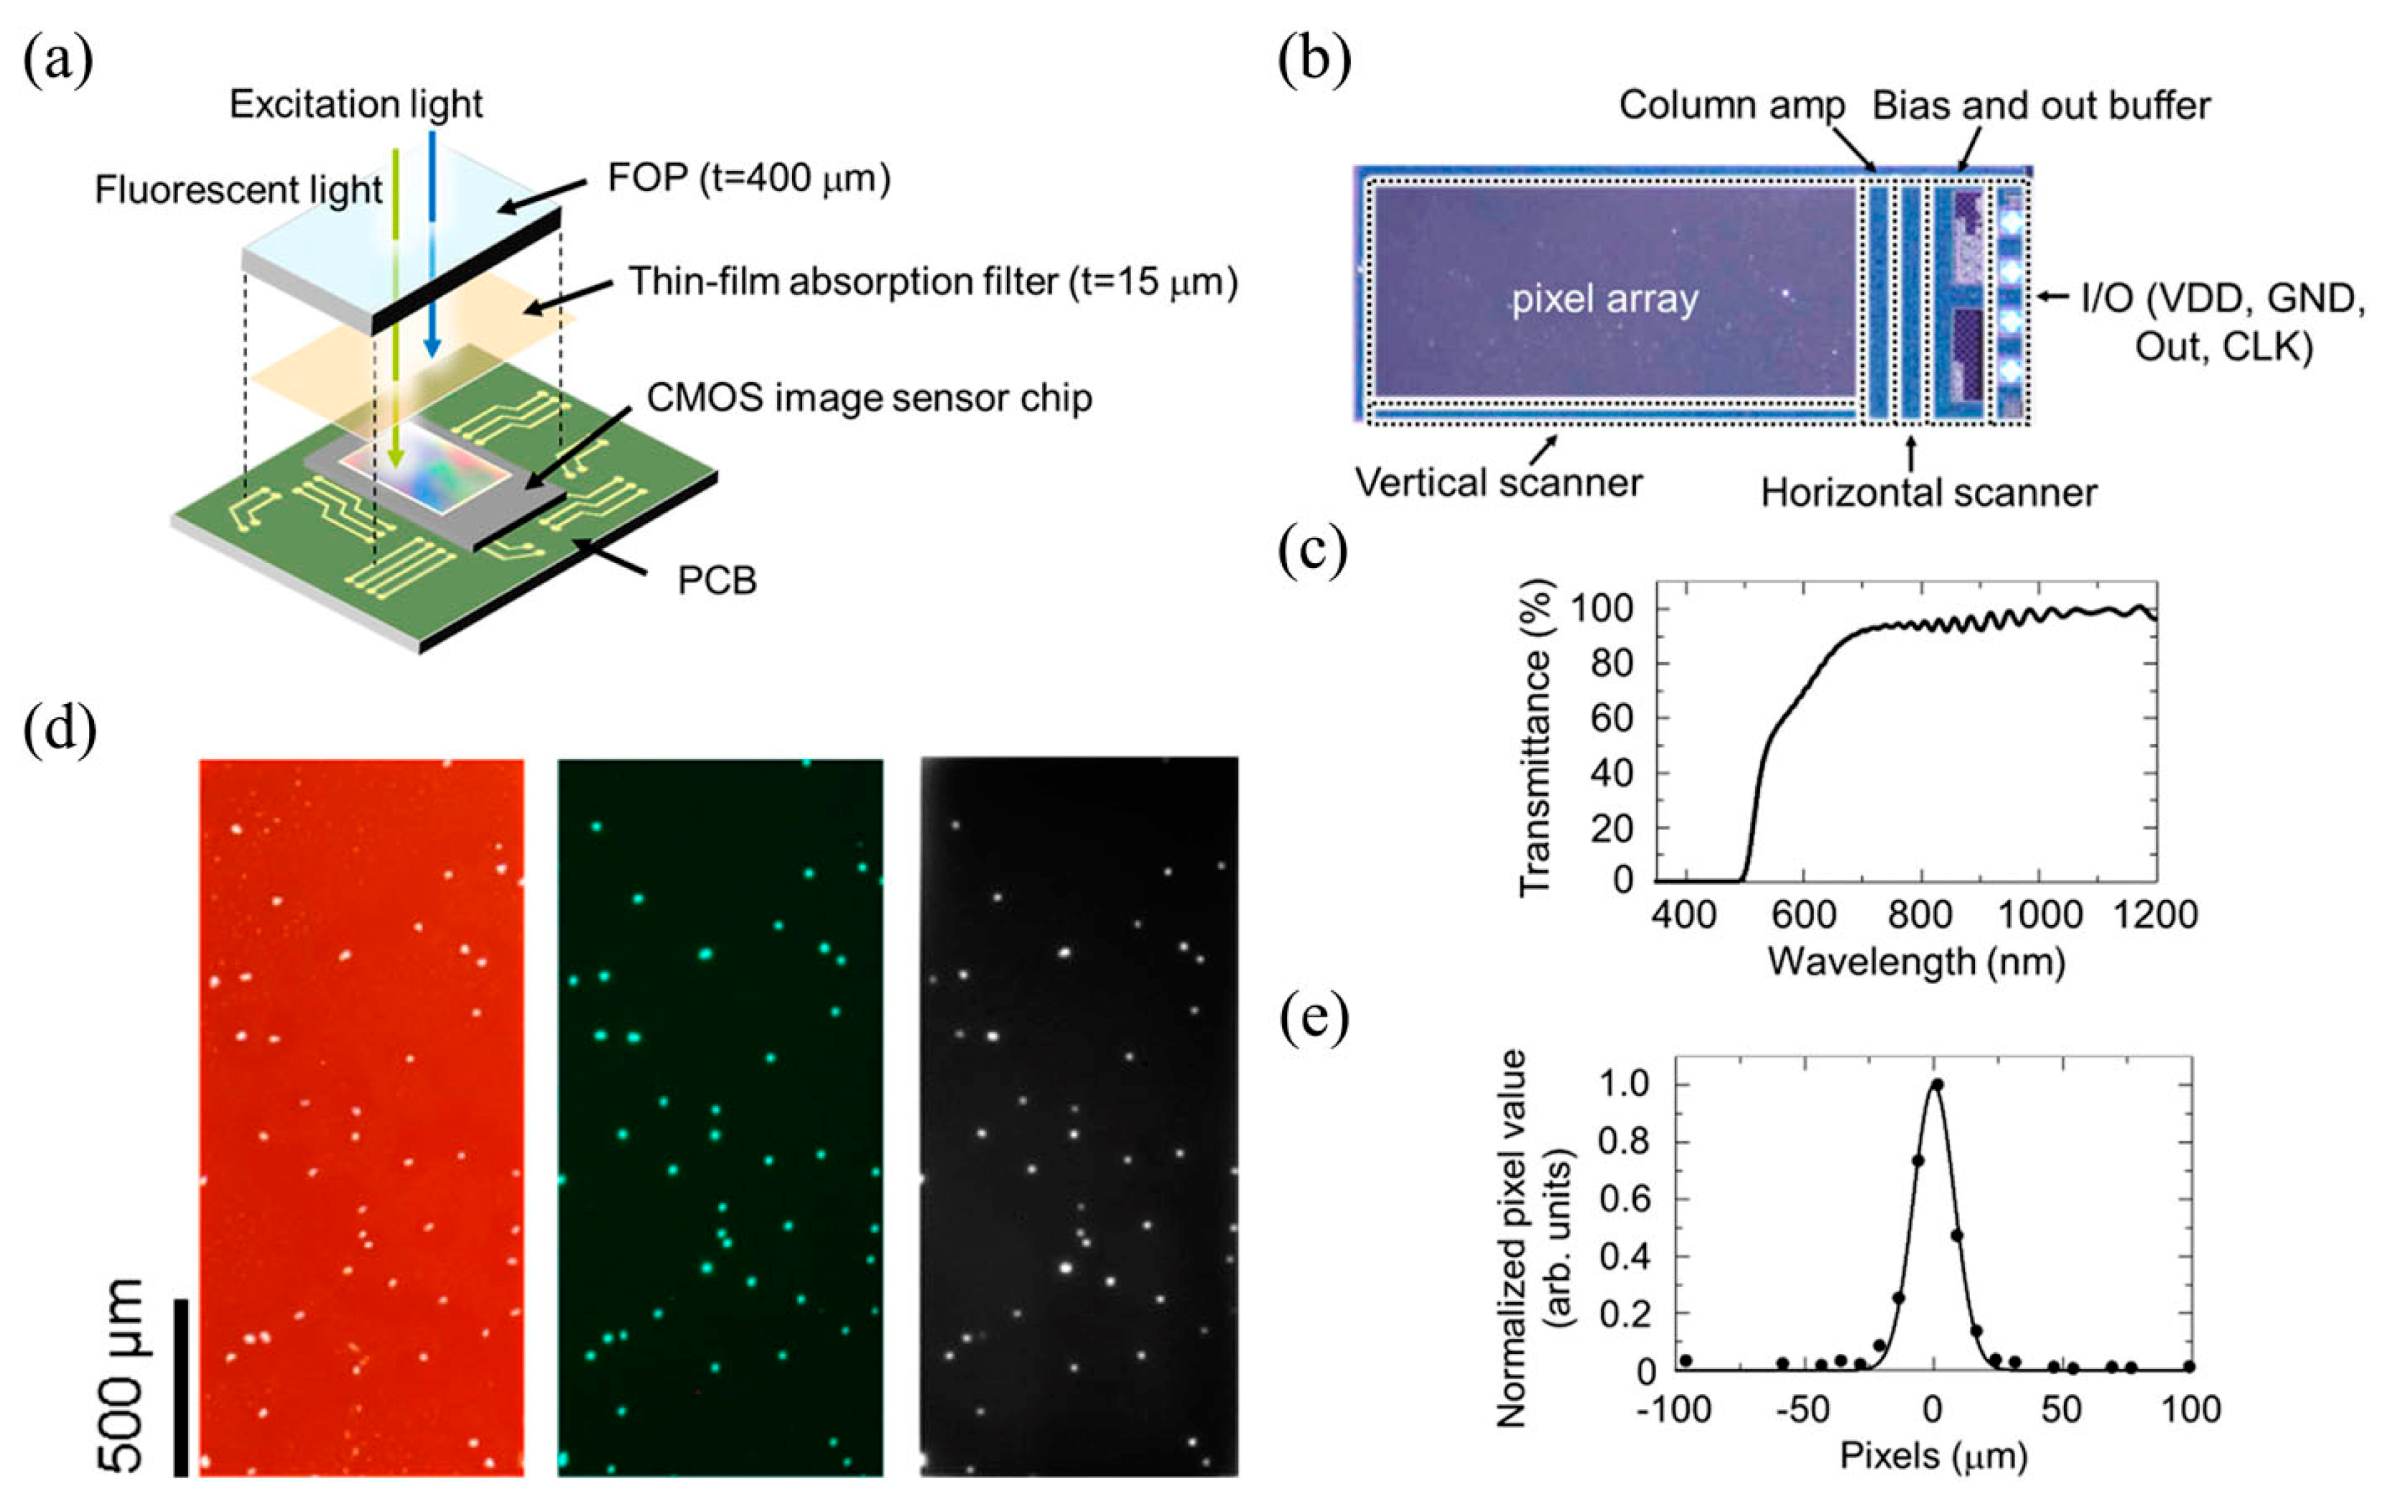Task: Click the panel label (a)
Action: point(57,62)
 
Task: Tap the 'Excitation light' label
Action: point(355,104)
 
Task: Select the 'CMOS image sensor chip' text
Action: point(870,398)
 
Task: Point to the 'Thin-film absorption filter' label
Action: point(933,282)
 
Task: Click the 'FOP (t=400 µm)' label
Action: point(749,177)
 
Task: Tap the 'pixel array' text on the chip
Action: point(1605,299)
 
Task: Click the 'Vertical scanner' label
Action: point(1499,483)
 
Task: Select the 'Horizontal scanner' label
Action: point(1928,493)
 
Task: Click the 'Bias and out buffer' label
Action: point(2042,106)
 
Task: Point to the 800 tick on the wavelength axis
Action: point(1920,914)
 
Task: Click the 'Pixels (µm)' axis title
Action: point(1933,1457)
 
